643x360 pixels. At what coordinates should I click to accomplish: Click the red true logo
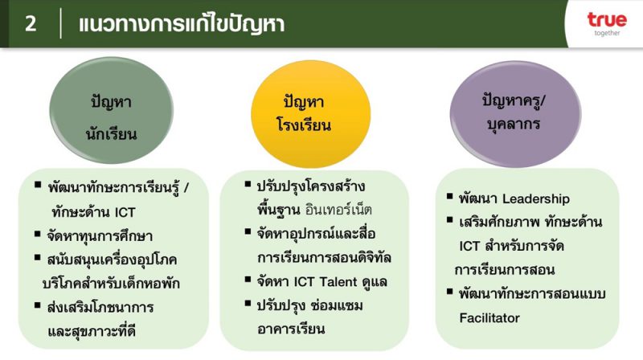click(x=607, y=19)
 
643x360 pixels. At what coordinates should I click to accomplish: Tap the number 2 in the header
click(x=31, y=23)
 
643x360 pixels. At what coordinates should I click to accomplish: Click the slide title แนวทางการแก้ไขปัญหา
click(x=182, y=24)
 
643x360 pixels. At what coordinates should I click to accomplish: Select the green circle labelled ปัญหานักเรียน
click(x=111, y=110)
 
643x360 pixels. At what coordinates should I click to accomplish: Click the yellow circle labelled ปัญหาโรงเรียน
click(x=311, y=114)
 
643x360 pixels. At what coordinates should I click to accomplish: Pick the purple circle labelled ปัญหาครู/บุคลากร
click(x=515, y=114)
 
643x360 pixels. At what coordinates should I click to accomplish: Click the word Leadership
click(x=536, y=199)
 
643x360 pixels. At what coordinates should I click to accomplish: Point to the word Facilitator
click(x=489, y=317)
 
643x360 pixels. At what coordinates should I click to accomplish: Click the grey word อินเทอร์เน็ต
click(x=338, y=210)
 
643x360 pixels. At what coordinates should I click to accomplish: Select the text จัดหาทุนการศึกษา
click(x=100, y=236)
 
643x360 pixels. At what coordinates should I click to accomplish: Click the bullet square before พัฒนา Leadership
click(x=449, y=196)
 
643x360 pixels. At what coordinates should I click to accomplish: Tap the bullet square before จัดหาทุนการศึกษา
click(x=37, y=234)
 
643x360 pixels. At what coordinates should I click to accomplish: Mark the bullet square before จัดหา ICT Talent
click(x=248, y=280)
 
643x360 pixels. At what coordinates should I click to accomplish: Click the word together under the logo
click(x=608, y=33)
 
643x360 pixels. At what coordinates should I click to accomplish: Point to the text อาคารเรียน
click(x=291, y=329)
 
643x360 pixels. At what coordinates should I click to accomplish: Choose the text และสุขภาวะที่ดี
click(x=92, y=331)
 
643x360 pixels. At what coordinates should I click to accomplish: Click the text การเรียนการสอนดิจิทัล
click(x=324, y=258)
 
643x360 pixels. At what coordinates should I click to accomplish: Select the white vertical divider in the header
click(x=61, y=23)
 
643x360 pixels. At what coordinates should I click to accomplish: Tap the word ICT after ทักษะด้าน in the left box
click(x=125, y=212)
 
